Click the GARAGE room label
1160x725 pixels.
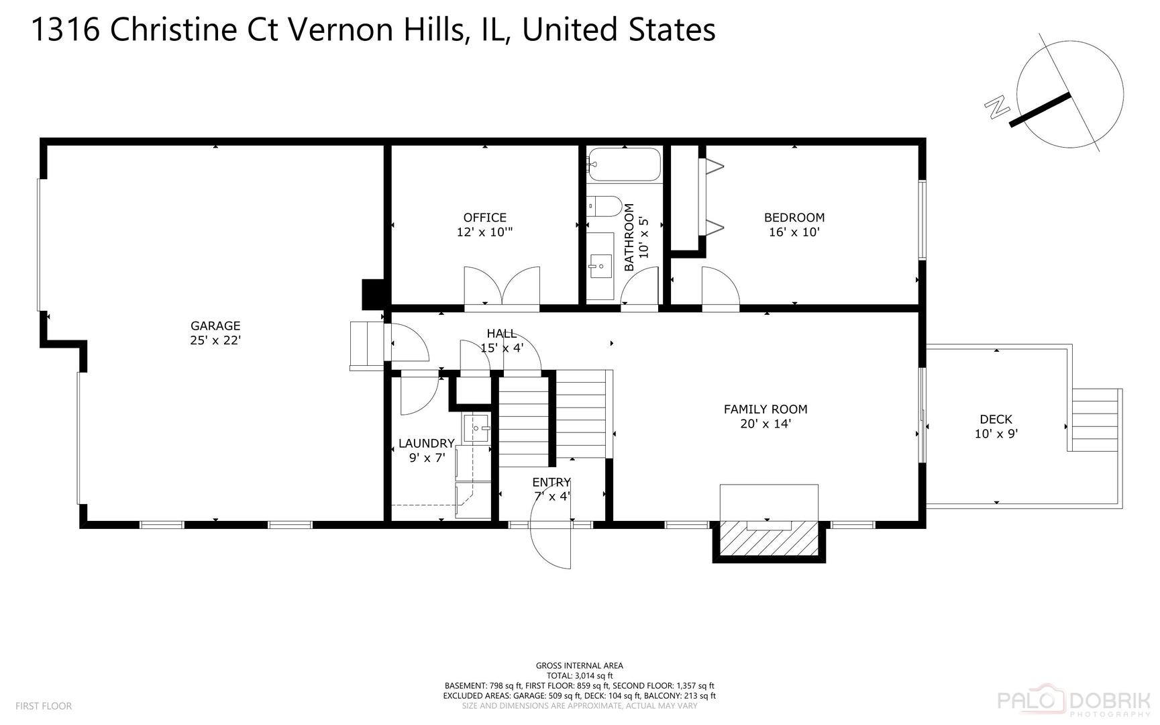tap(215, 326)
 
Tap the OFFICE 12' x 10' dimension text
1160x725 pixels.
tap(484, 232)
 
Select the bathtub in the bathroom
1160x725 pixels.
tap(623, 164)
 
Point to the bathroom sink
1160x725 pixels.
tap(600, 267)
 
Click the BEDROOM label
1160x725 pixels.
tap(794, 217)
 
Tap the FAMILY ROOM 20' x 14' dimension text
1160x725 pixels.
tap(766, 424)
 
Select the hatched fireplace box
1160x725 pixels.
tap(769, 540)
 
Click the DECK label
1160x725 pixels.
tap(996, 420)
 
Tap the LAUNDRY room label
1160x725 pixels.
tap(426, 443)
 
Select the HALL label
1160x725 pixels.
tap(501, 334)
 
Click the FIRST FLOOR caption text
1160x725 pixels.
tap(43, 706)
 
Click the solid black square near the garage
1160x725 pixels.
tap(372, 294)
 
